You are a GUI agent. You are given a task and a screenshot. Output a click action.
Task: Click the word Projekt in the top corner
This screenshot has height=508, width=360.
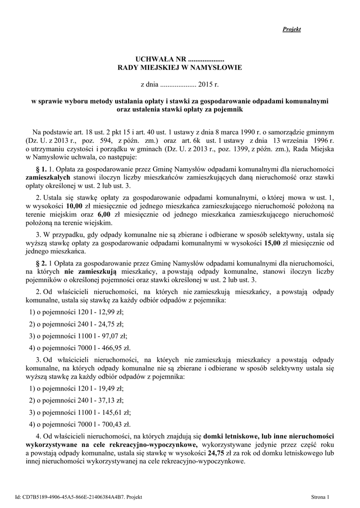[292, 29]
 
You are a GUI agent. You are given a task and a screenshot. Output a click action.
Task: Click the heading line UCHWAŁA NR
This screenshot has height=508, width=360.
[179, 59]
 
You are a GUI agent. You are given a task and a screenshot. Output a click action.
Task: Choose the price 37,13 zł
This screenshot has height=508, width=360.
[111, 400]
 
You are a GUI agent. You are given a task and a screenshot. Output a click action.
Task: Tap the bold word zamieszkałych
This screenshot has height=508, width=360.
[48, 177]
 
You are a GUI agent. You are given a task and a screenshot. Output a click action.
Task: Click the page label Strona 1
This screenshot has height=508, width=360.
[319, 497]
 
